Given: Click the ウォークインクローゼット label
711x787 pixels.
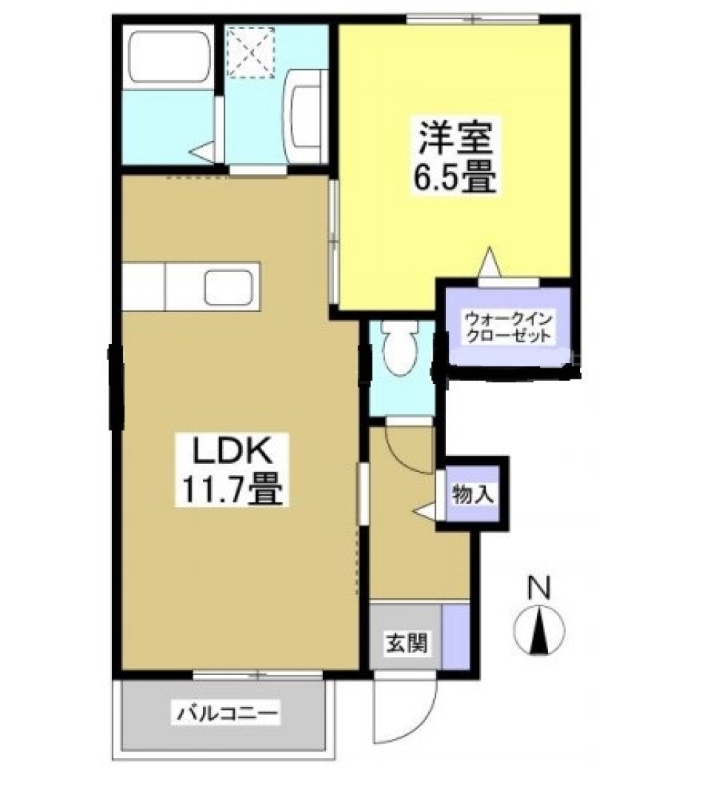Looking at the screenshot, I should pyautogui.click(x=508, y=327).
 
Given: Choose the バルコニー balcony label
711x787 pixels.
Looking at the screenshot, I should pyautogui.click(x=227, y=714).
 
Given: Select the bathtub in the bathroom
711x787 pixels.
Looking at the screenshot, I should pyautogui.click(x=169, y=57).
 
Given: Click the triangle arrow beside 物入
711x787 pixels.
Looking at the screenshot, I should pyautogui.click(x=425, y=511).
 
